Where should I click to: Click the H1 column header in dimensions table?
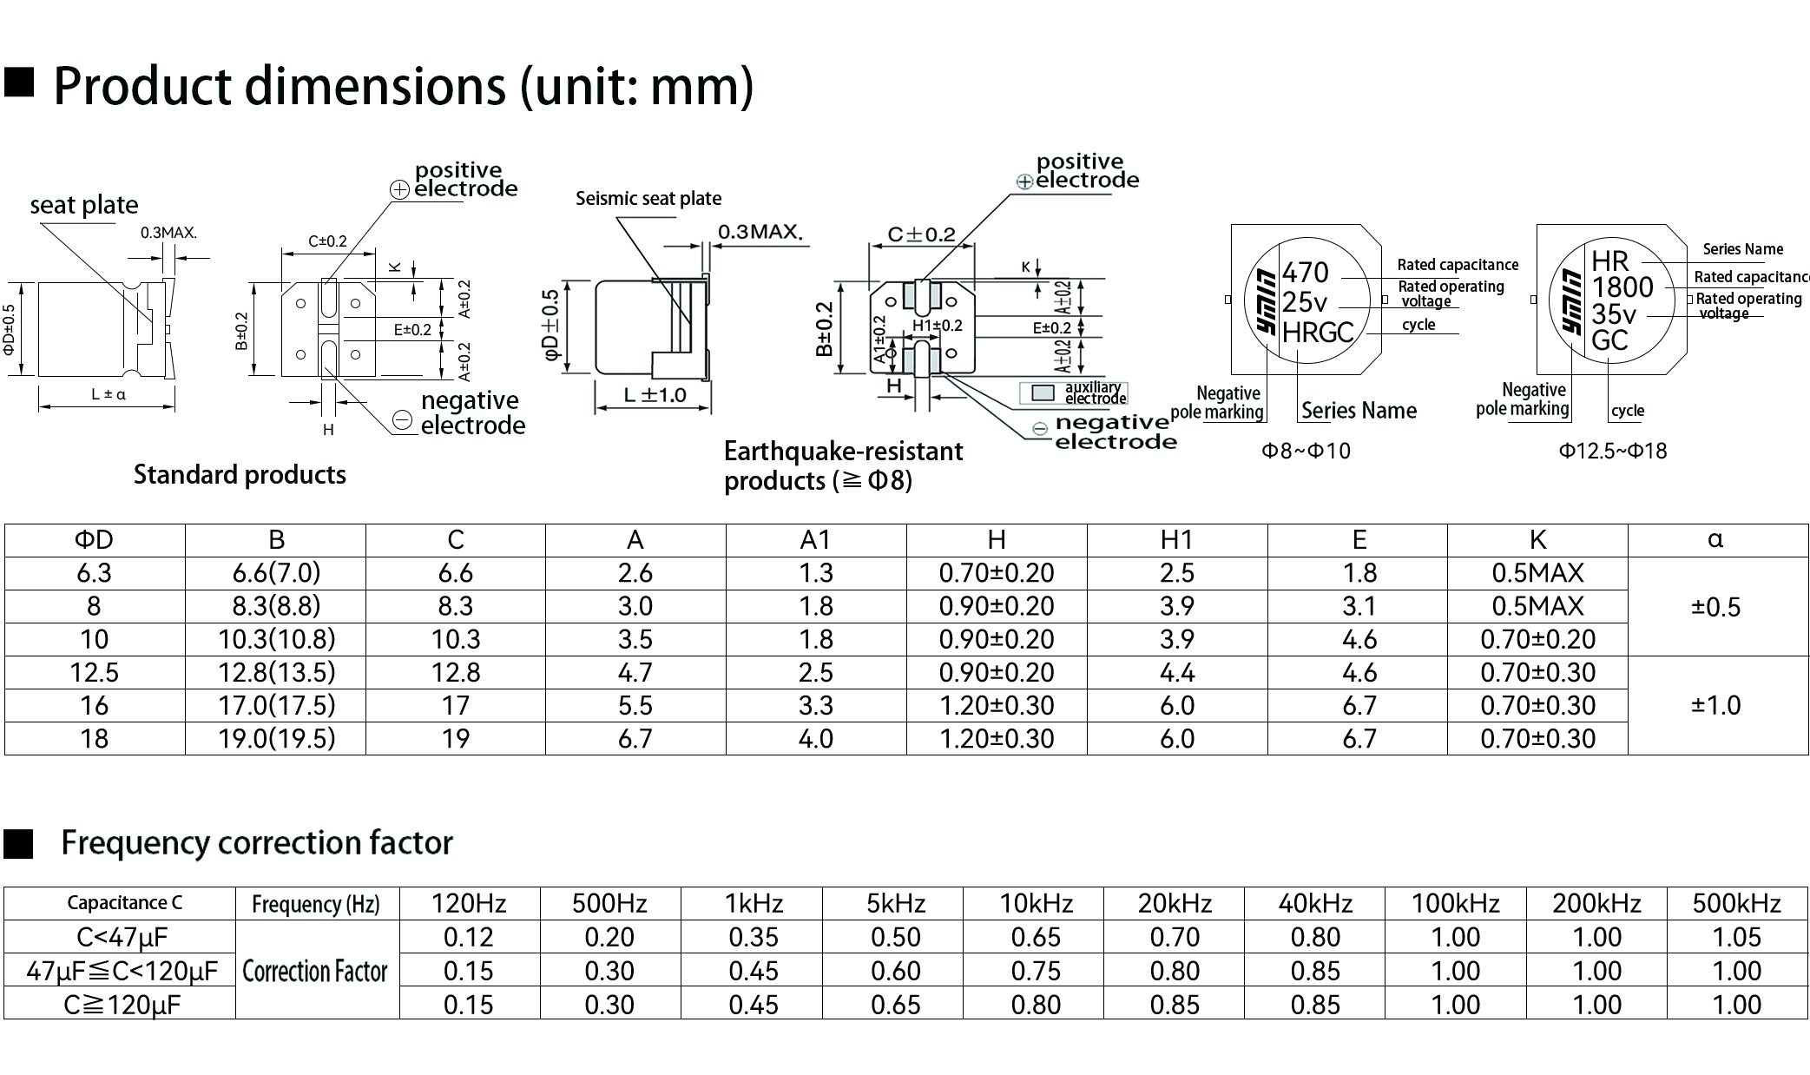tap(1176, 540)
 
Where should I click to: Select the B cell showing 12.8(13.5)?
tap(276, 672)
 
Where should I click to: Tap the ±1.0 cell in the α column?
tap(1716, 705)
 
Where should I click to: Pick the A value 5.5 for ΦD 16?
tap(635, 705)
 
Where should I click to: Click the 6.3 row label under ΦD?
tap(94, 573)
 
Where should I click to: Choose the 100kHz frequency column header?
tap(1456, 903)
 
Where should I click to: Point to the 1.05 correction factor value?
tap(1736, 937)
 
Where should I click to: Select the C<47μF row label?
tap(122, 937)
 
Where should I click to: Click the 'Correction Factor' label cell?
tap(315, 971)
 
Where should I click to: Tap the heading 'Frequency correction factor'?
tap(257, 842)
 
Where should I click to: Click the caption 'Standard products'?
tap(240, 474)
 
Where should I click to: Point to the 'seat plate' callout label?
tap(84, 205)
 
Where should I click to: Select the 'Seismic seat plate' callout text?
tap(648, 198)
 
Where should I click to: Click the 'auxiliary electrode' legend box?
tap(1042, 393)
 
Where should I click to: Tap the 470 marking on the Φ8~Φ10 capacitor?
tap(1305, 272)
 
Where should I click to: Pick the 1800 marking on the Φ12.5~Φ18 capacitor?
tap(1622, 287)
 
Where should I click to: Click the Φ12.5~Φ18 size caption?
tap(1613, 451)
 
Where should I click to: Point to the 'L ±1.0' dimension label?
tap(655, 395)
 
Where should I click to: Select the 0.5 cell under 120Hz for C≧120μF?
tap(469, 1005)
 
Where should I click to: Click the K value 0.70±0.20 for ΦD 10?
tap(1537, 639)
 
